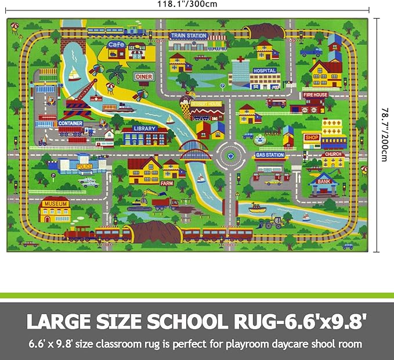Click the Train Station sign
pyautogui.click(x=189, y=35)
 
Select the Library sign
pyautogui.click(x=145, y=129)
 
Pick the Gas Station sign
pyautogui.click(x=270, y=155)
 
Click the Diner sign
pyautogui.click(x=143, y=76)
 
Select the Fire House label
pyautogui.click(x=315, y=95)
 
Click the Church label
pyautogui.click(x=333, y=154)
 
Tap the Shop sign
pyautogui.click(x=311, y=137)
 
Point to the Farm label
pyautogui.click(x=167, y=183)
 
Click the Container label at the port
pyautogui.click(x=70, y=123)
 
